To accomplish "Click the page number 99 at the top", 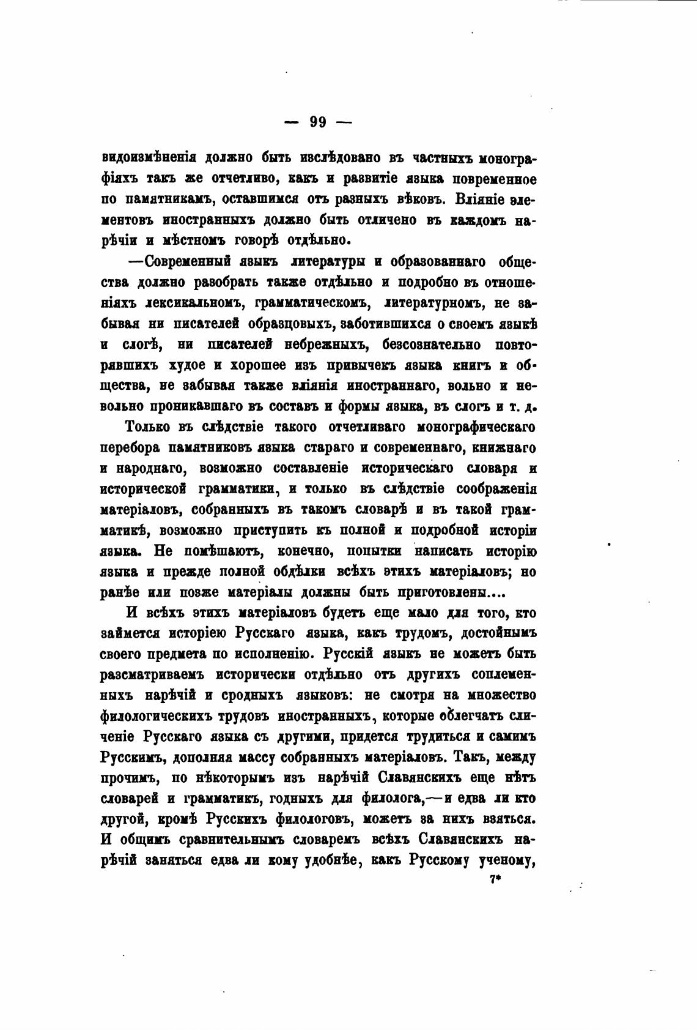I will click(318, 122).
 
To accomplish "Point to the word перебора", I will click(127, 447).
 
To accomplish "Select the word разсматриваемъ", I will click(152, 674).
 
